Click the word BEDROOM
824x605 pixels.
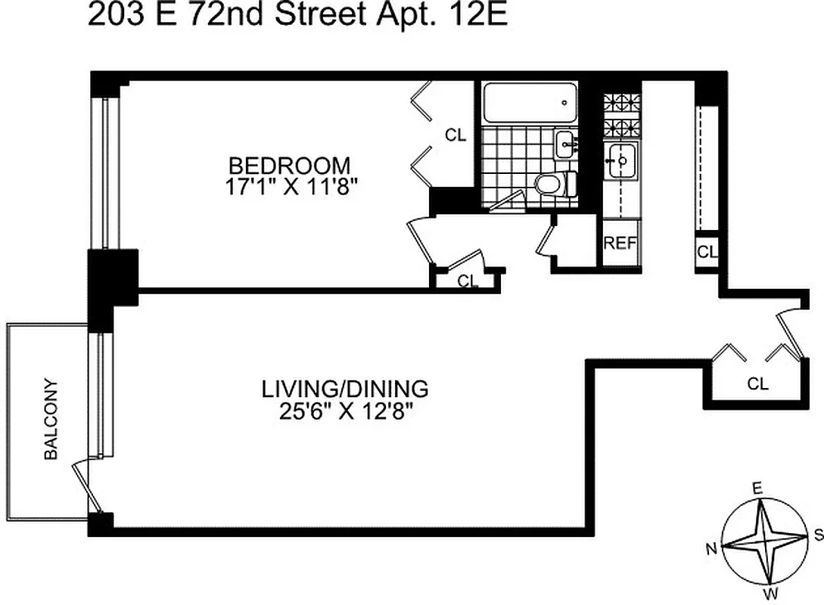[x=290, y=165]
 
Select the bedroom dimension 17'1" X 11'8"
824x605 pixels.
[x=290, y=185]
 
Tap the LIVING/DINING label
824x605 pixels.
[x=345, y=389]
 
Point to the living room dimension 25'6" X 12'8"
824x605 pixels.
[x=345, y=412]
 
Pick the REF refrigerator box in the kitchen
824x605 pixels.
[x=620, y=244]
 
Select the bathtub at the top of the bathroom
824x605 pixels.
[x=529, y=101]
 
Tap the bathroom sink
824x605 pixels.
[x=565, y=144]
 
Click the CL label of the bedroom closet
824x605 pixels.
[x=456, y=136]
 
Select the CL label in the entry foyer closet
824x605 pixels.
[x=757, y=384]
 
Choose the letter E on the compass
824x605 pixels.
[x=756, y=489]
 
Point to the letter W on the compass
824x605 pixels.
[x=771, y=592]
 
